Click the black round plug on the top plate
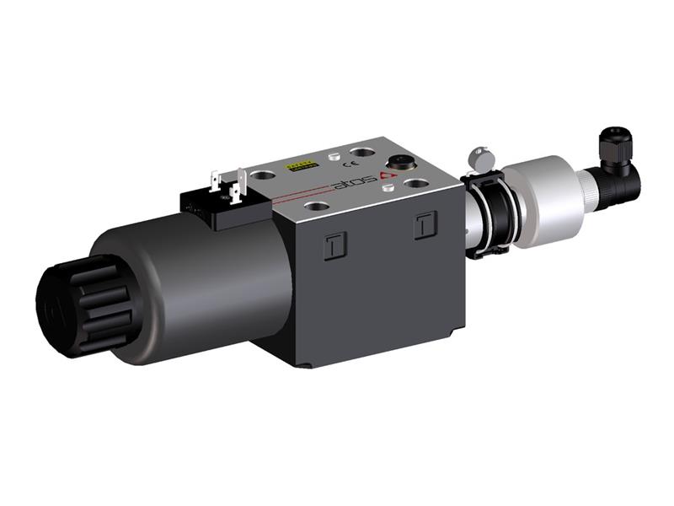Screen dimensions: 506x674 click(x=398, y=160)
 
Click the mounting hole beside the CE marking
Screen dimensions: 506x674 click(x=363, y=153)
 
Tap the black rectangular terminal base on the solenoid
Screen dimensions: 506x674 click(x=221, y=207)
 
